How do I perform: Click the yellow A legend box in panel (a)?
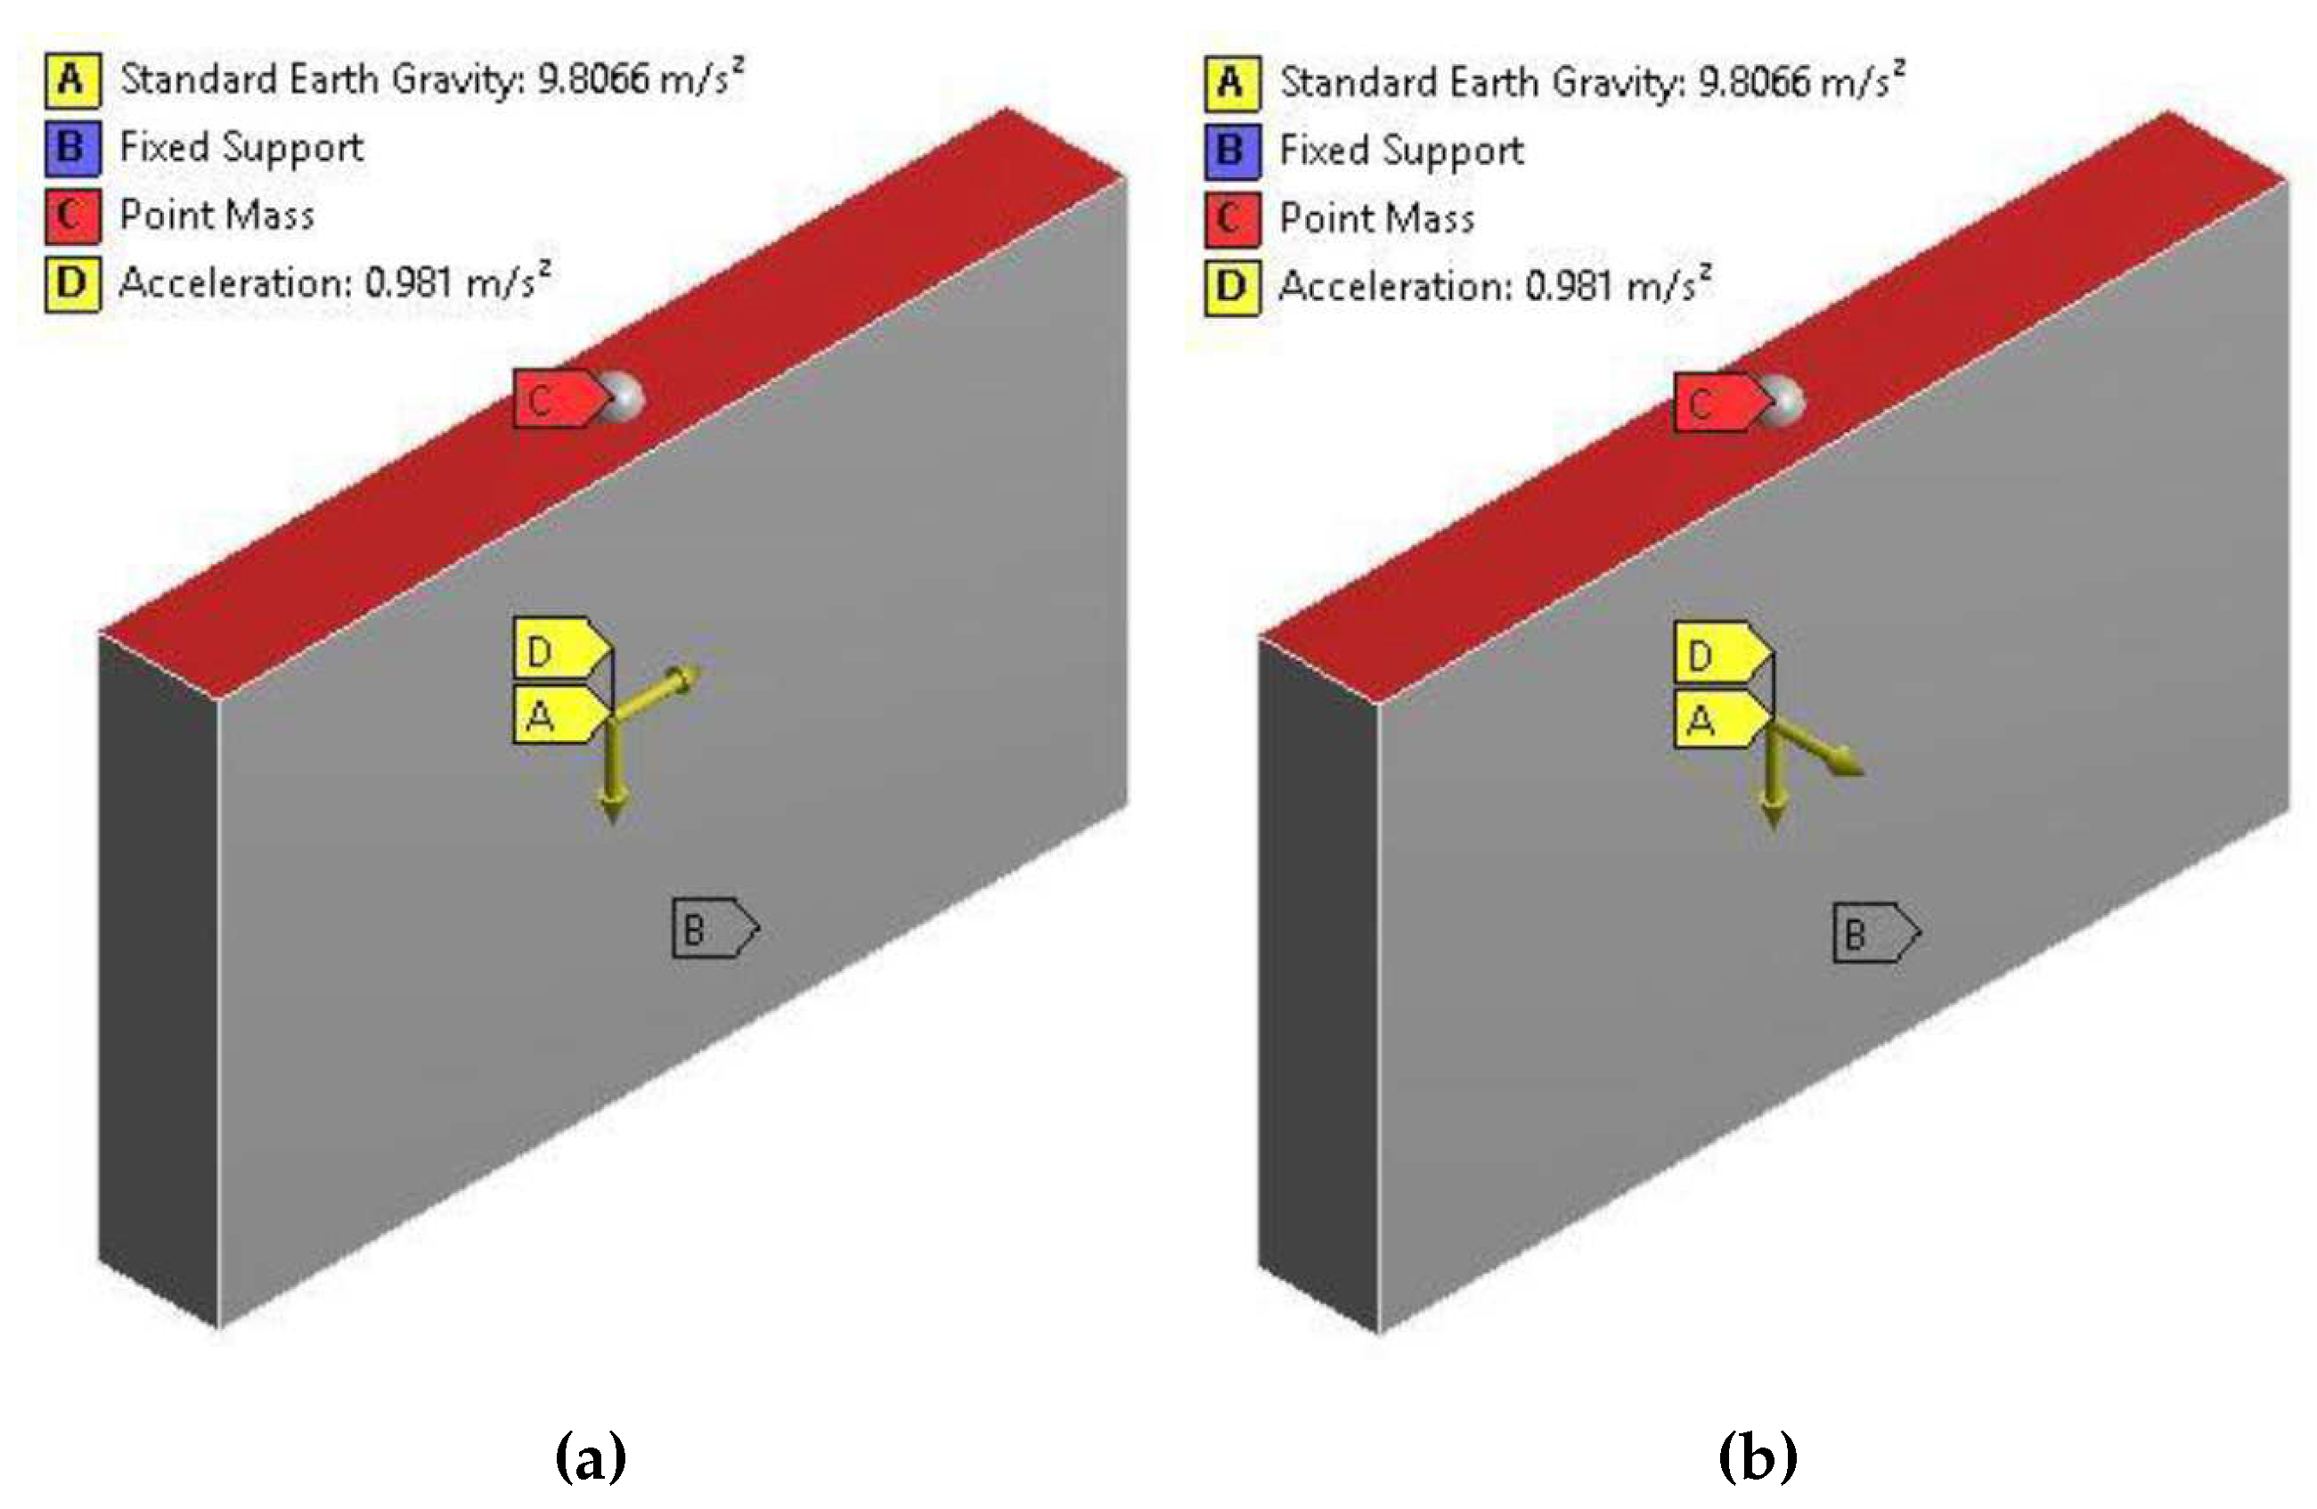tap(72, 80)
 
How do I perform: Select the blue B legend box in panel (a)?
tap(72, 148)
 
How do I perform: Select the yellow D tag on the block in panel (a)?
tap(555, 650)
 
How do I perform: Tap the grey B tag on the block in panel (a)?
tap(709, 928)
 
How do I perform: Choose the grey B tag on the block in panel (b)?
tap(1869, 933)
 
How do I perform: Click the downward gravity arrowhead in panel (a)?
tap(612, 807)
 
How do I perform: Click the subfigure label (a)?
tap(590, 1457)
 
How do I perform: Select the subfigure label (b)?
tap(1757, 1457)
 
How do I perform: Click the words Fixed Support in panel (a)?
tap(241, 148)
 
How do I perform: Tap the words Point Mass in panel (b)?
tap(1376, 219)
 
